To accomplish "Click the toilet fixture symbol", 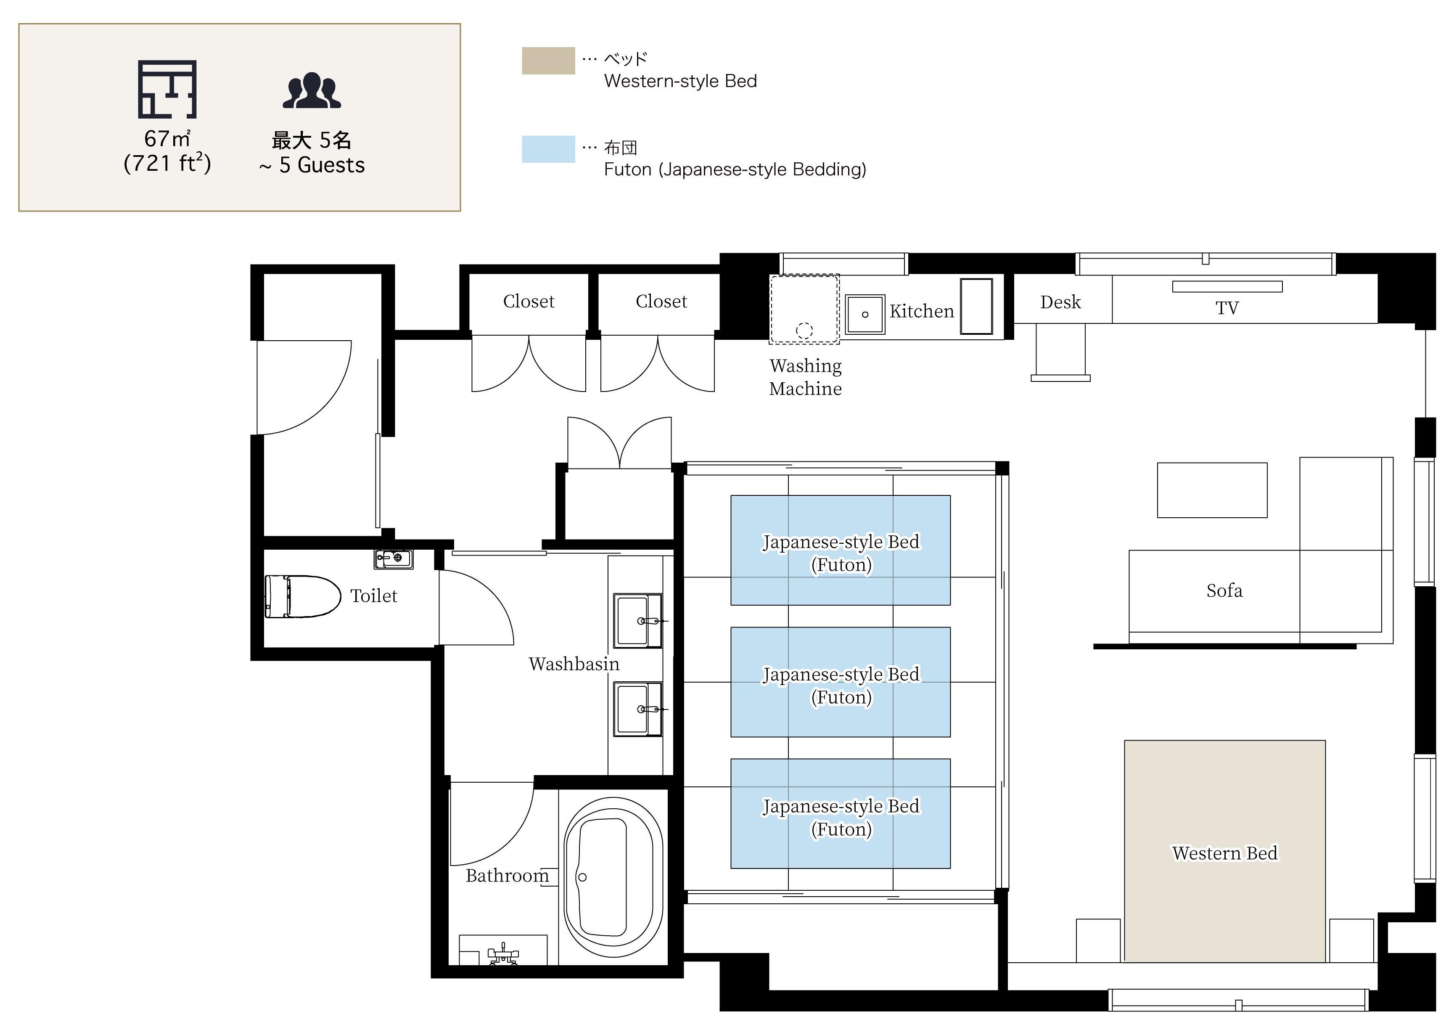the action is click(x=303, y=596).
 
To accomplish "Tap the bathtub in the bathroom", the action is click(x=613, y=877).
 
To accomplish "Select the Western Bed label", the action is click(x=1224, y=853).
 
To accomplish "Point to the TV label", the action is click(x=1227, y=308).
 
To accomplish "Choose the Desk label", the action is click(x=1060, y=302).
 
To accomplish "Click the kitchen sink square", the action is click(x=864, y=314).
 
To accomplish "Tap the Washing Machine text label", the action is click(x=805, y=377).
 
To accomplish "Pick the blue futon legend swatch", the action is click(x=548, y=149).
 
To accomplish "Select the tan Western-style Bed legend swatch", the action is click(x=548, y=61).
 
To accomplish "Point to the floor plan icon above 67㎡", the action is click(x=167, y=89).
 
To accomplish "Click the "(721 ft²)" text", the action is click(x=167, y=164).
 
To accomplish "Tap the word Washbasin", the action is click(x=574, y=664).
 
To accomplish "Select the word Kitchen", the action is click(x=921, y=311).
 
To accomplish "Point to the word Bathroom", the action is click(x=507, y=876).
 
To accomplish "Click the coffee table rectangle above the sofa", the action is click(x=1212, y=490).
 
